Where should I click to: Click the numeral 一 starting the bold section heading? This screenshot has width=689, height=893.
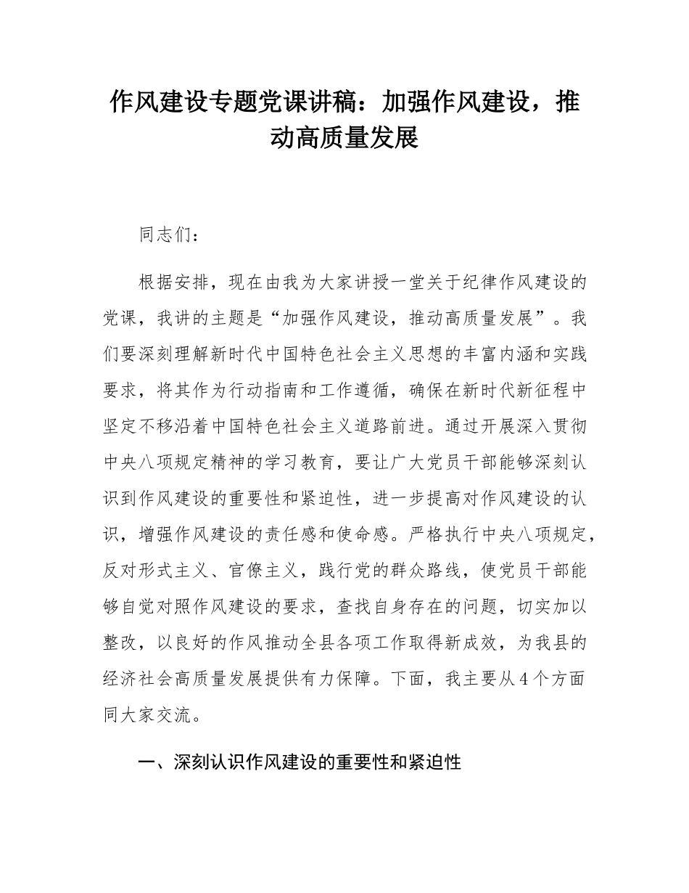[x=147, y=762]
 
